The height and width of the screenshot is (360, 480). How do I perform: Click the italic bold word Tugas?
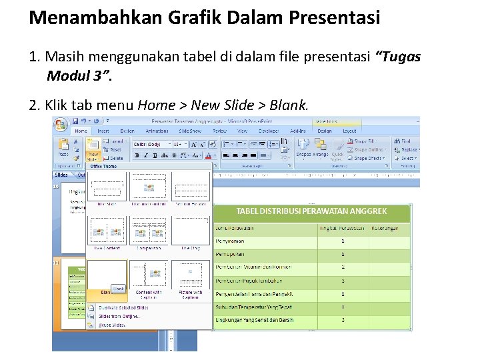point(399,57)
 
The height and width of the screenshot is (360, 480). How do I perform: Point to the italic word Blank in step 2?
point(289,105)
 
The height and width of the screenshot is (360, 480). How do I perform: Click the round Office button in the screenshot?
point(61,125)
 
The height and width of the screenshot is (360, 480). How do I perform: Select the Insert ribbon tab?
point(103,131)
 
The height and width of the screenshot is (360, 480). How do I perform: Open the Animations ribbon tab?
point(157,131)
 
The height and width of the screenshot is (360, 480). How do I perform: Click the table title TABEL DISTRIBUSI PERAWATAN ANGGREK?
point(311,211)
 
